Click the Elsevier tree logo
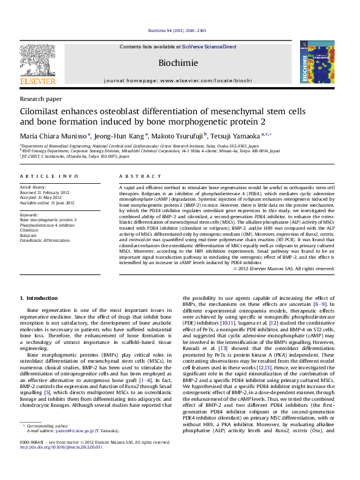[x=38, y=60]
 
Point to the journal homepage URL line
[x=177, y=80]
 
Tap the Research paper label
[x=41, y=98]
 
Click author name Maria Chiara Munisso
[x=53, y=135]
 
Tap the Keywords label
[x=30, y=215]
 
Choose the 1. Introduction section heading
[x=39, y=298]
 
